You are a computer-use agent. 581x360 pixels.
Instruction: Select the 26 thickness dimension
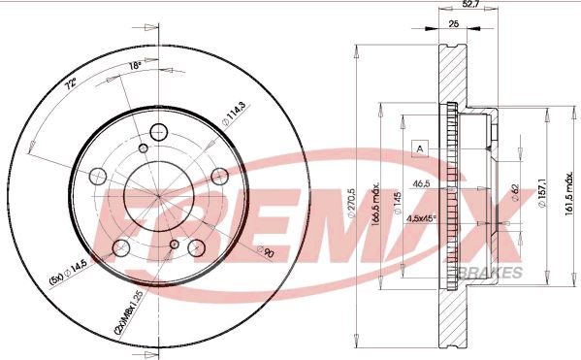pyautogui.click(x=453, y=26)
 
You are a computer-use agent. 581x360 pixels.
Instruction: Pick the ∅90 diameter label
pyautogui.click(x=267, y=252)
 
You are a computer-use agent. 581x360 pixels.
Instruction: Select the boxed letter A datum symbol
pyautogui.click(x=420, y=147)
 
